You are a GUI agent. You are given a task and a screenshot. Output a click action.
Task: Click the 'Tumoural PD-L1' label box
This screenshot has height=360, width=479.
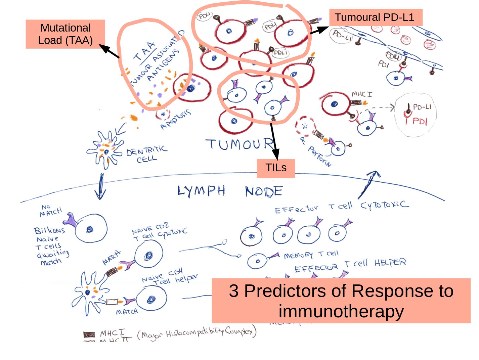[x=375, y=17]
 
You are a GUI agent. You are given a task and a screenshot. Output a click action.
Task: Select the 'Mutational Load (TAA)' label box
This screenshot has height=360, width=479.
[x=65, y=34]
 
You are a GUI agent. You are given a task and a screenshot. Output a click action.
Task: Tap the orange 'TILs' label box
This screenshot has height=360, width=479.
[x=276, y=168]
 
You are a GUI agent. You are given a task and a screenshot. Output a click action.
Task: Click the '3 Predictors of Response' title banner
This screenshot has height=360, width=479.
[x=341, y=301]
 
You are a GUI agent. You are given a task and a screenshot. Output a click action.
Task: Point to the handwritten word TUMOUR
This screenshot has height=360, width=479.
[x=240, y=144]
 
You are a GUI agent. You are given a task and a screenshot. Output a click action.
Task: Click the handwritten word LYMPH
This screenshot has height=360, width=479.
[x=201, y=191]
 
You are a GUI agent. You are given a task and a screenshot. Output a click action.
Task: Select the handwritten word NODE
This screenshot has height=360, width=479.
[x=264, y=191]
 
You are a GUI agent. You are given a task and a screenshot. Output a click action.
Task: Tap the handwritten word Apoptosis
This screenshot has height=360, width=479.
[x=175, y=119]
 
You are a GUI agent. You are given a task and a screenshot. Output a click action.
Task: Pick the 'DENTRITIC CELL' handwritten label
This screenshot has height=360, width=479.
[x=146, y=154]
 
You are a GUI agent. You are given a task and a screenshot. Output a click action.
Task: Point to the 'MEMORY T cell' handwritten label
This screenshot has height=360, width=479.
[x=311, y=255]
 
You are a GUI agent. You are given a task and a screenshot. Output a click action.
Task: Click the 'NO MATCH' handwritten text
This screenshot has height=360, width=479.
[x=51, y=211]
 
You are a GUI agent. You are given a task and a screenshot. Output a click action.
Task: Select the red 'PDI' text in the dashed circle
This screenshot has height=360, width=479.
[x=420, y=121]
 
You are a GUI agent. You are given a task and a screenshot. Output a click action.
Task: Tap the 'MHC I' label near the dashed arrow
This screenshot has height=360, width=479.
[x=361, y=94]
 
